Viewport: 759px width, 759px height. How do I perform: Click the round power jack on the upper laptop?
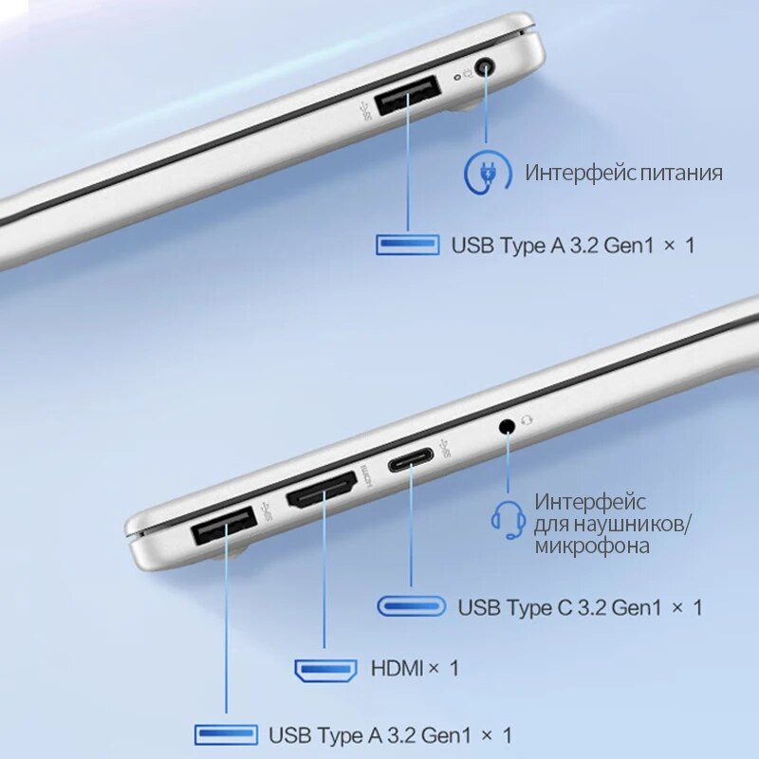pyautogui.click(x=485, y=66)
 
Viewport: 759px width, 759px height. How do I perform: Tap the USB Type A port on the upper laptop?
pyautogui.click(x=408, y=96)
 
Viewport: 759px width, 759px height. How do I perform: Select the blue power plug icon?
pyautogui.click(x=488, y=172)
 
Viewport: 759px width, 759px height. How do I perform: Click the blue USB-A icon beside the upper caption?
pyautogui.click(x=408, y=245)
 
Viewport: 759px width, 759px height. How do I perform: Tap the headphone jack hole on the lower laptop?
pyautogui.click(x=507, y=426)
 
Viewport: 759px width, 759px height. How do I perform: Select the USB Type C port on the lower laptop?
pyautogui.click(x=411, y=460)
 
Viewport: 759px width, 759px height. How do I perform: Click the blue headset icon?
pyautogui.click(x=509, y=519)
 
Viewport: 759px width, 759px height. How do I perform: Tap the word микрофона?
pyautogui.click(x=592, y=546)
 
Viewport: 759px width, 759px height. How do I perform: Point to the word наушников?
pyautogui.click(x=631, y=525)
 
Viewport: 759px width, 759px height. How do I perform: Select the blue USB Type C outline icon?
pyautogui.click(x=412, y=606)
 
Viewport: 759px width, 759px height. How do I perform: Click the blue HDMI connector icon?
pyautogui.click(x=325, y=670)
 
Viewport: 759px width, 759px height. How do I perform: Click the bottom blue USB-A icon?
pyautogui.click(x=226, y=734)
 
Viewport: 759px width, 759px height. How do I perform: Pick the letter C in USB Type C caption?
pyautogui.click(x=565, y=607)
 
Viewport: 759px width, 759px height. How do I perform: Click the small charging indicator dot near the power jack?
pyautogui.click(x=456, y=78)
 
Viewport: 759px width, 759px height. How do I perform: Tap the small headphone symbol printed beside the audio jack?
pyautogui.click(x=527, y=420)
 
